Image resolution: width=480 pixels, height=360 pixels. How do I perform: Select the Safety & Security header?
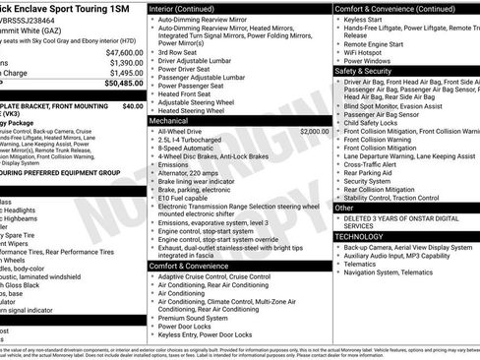(x=363, y=71)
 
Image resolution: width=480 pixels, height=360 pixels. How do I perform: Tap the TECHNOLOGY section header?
(x=360, y=236)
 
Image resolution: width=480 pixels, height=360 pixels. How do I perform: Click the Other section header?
(x=344, y=208)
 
